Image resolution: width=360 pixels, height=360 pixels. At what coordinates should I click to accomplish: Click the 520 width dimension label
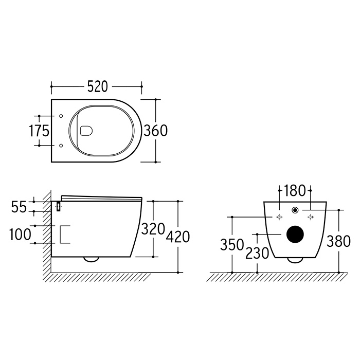98,86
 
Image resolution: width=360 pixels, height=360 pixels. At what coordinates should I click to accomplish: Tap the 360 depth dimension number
156,131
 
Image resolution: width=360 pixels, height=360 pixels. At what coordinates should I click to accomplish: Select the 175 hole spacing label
39,131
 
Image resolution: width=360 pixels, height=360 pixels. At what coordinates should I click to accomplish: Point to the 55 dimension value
19,207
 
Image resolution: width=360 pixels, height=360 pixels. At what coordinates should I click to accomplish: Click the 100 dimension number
20,235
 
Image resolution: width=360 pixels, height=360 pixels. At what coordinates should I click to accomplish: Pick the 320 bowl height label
153,229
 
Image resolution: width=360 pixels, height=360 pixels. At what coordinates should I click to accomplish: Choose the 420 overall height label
178,237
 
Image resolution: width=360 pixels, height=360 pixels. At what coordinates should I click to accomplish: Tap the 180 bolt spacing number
295,191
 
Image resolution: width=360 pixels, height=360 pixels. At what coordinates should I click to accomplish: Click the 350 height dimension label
232,244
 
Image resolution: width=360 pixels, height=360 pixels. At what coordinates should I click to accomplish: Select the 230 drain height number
257,253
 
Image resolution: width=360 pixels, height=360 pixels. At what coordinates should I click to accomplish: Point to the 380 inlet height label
338,241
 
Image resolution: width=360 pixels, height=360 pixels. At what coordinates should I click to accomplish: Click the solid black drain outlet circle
295,234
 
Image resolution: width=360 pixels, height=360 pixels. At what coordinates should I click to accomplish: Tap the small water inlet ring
295,210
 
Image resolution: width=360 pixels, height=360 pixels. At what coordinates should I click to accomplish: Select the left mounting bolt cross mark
279,217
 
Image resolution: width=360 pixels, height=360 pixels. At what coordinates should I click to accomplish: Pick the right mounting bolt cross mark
311,217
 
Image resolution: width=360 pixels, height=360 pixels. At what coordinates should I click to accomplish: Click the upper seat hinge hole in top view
61,116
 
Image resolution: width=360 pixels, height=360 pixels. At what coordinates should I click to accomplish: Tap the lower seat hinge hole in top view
61,146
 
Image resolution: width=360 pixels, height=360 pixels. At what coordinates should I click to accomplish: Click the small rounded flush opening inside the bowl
86,131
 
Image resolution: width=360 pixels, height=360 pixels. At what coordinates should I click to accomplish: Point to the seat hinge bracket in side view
59,206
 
